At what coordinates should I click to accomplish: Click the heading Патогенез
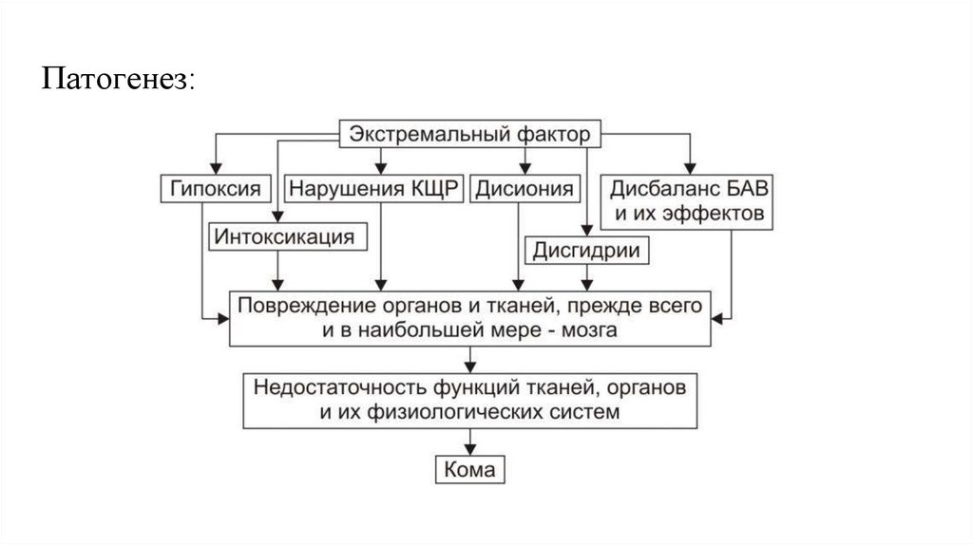coord(117,79)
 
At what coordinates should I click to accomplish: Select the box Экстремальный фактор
coord(469,134)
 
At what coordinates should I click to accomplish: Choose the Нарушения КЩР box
coord(374,188)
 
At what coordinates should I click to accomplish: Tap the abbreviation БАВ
coord(744,187)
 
